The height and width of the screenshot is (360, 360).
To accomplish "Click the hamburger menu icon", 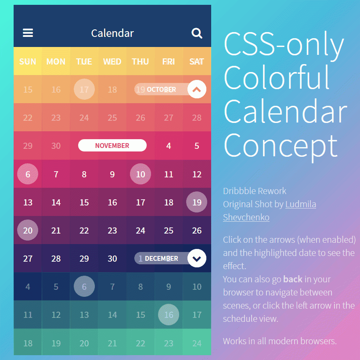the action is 28,33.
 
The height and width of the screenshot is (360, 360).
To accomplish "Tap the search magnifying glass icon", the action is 197,33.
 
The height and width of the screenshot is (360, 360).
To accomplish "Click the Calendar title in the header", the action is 112,33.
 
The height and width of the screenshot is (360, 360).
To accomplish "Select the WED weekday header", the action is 112,61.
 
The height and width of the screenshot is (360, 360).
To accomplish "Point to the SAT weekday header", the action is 197,61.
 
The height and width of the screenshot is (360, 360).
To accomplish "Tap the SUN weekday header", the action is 28,61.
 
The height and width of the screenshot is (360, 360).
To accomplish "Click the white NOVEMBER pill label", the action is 112,145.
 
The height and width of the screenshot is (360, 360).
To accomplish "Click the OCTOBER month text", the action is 162,89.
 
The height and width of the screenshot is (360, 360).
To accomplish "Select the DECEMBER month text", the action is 162,259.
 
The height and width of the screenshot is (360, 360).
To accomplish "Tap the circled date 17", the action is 84,89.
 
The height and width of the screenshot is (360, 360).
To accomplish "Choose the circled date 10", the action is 140,174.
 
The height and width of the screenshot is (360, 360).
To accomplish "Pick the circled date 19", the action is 197,202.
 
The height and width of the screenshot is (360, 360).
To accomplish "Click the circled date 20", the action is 28,230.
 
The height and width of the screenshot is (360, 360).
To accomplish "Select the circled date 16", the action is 169,314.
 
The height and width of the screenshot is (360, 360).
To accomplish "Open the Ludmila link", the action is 301,204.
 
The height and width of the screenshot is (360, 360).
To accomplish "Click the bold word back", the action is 293,279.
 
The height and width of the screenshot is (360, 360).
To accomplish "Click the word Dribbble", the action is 238,191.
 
